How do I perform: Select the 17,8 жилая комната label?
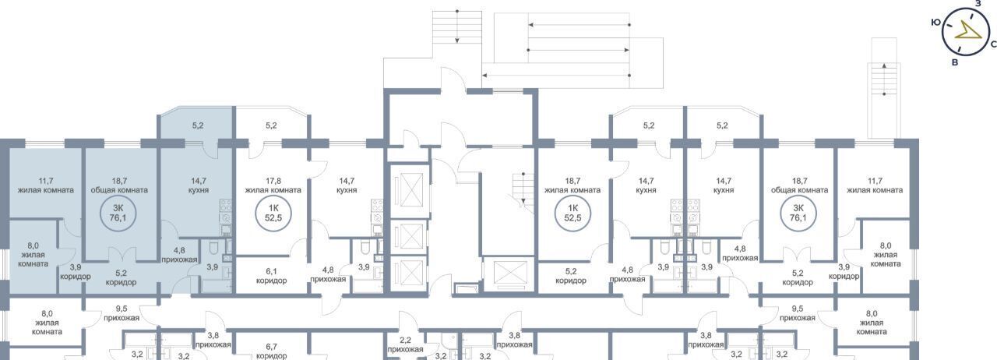273,185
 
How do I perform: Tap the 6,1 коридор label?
272,276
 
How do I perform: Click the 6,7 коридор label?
272,351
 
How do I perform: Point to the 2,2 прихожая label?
405,345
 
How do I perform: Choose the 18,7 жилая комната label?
572,185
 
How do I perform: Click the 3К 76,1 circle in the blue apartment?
118,213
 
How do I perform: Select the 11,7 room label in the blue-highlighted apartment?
46,185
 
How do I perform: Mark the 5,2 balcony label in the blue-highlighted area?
198,125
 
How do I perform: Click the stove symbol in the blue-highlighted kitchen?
226,211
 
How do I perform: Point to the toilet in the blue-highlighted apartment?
213,247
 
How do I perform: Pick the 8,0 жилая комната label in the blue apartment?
33,254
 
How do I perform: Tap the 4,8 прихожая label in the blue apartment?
179,255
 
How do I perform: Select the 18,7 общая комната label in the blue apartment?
119,185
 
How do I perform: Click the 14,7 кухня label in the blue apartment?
198,185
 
